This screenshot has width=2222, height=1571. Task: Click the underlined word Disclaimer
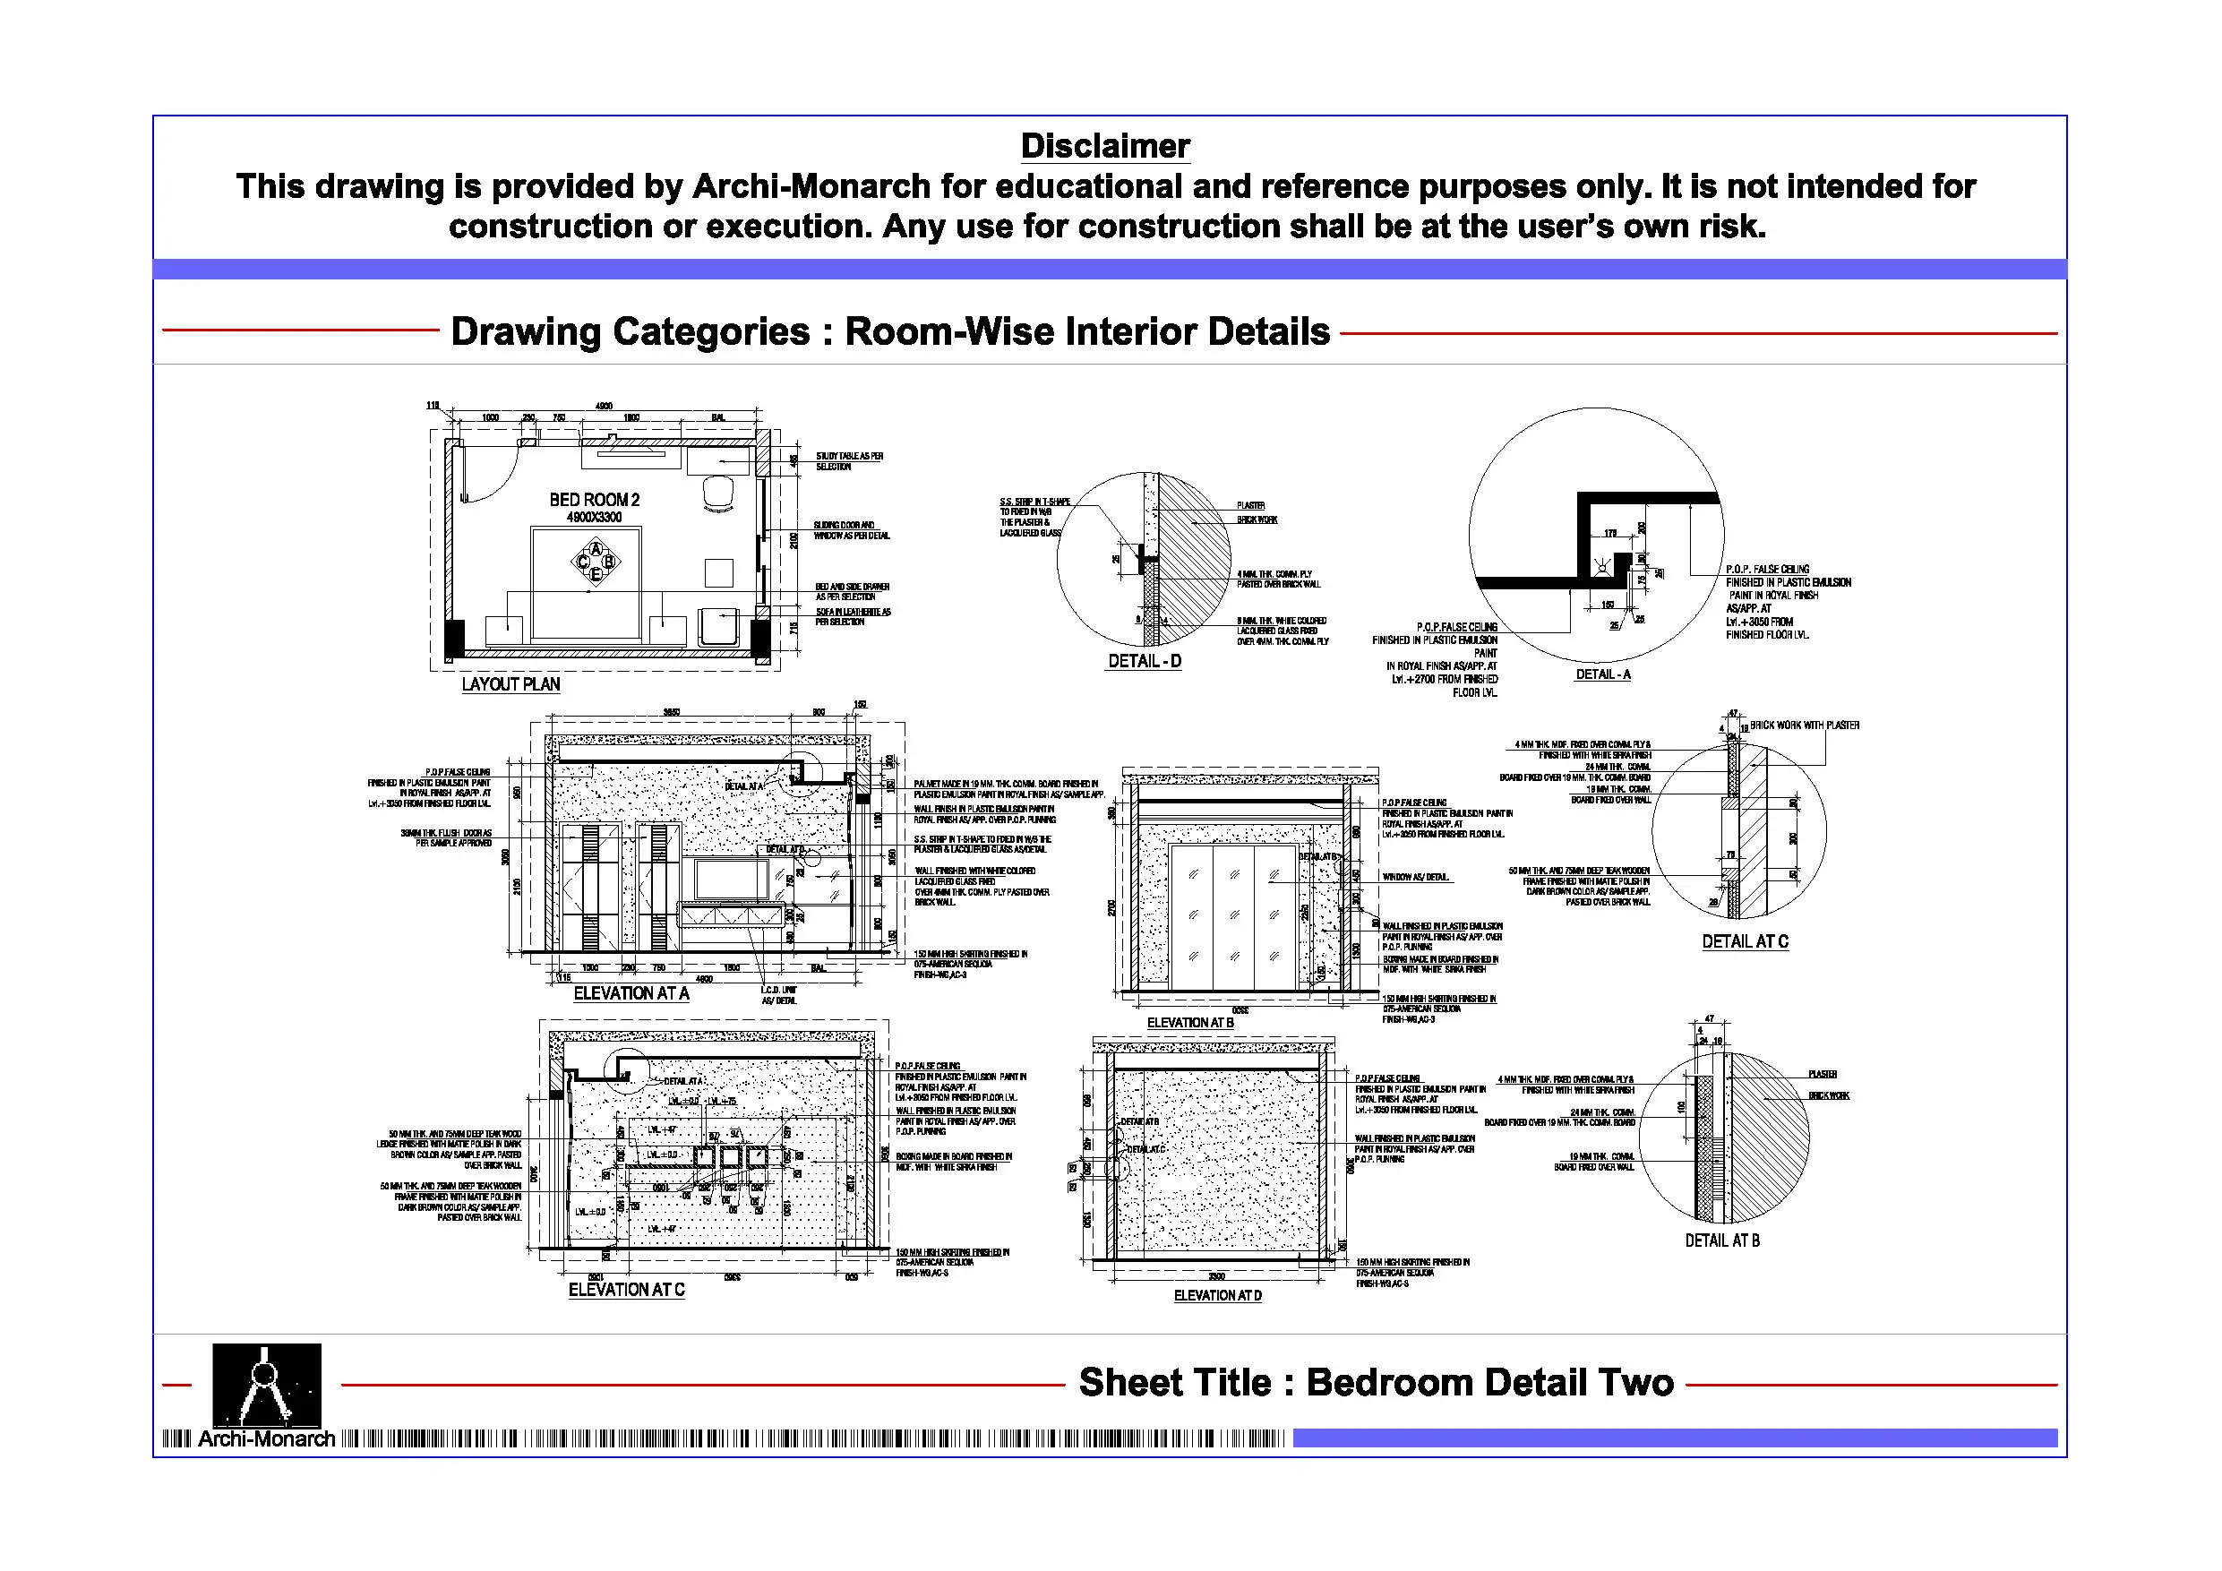coord(1104,146)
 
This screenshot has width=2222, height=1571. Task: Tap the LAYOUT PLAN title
coord(510,684)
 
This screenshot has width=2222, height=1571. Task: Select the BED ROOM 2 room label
coord(594,500)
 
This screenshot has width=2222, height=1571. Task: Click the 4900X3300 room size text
coord(594,518)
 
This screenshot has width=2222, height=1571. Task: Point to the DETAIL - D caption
coord(1144,661)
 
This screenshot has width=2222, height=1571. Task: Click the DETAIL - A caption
coord(1601,674)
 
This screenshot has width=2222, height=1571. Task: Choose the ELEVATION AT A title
coord(631,993)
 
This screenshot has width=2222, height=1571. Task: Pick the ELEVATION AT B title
coord(1189,1022)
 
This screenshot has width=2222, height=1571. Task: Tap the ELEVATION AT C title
coord(626,1290)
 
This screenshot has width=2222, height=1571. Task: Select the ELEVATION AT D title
coord(1216,1295)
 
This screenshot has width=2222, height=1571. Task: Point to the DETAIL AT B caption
coord(1721,1240)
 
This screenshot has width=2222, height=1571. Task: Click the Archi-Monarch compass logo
coord(266,1384)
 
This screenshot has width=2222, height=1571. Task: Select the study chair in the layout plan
coord(718,492)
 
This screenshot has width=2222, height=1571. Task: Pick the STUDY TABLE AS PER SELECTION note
coord(848,460)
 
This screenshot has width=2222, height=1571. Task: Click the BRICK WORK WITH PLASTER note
coord(1804,725)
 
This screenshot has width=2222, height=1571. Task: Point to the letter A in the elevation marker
coord(596,550)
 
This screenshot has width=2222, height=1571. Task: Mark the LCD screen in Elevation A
coord(731,879)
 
